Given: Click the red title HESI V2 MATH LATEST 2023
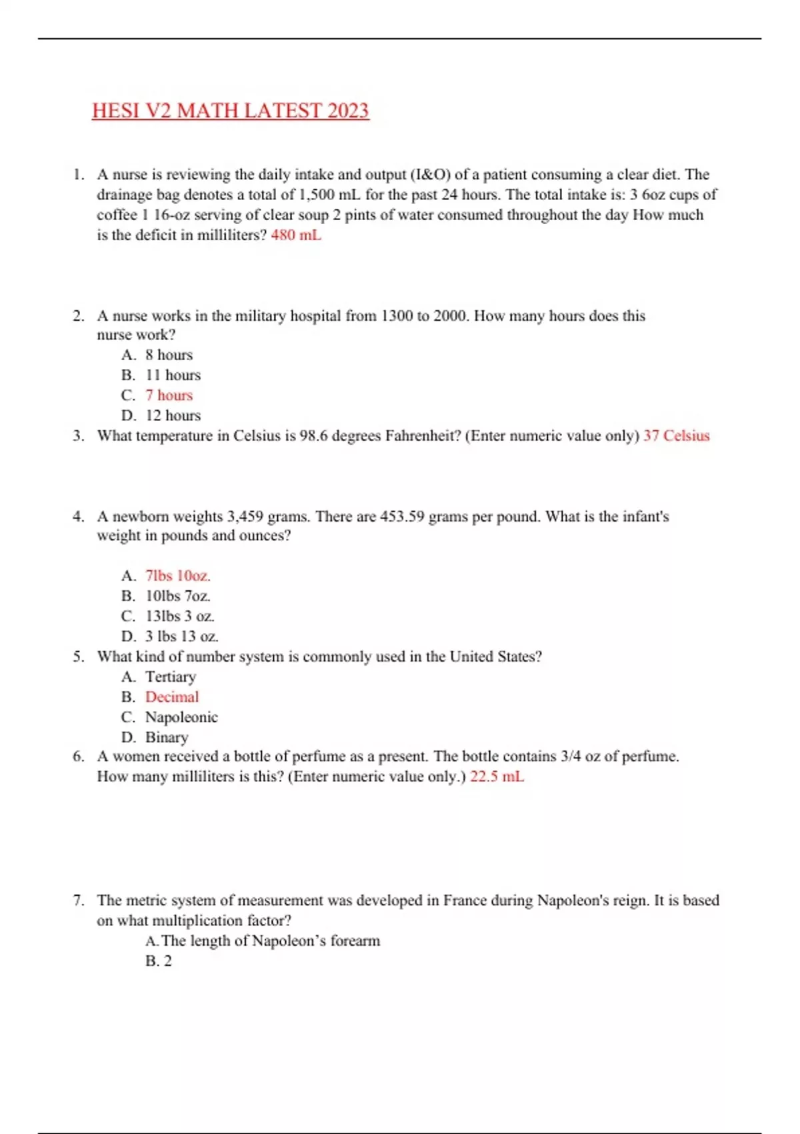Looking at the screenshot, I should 230,111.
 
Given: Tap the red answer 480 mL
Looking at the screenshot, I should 296,235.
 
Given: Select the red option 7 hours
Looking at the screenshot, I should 169,395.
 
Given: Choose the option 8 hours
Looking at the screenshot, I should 169,355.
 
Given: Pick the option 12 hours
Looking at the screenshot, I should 173,415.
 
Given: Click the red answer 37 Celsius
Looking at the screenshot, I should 676,436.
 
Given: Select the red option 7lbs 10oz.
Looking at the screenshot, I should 177,576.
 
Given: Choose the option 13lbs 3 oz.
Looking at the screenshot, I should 179,616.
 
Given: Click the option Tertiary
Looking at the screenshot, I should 171,676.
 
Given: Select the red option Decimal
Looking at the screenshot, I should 172,696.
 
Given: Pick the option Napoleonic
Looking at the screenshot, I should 181,717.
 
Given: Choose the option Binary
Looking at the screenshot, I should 167,737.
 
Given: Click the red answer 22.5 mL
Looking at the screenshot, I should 497,776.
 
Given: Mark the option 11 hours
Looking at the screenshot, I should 173,375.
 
